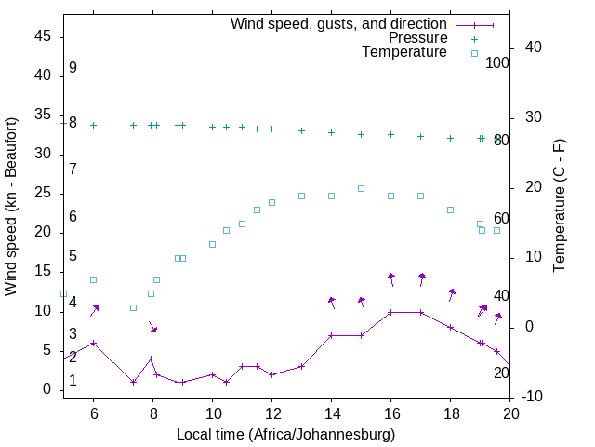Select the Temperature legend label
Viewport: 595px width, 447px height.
[404, 52]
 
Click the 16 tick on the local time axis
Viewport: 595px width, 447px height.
[390, 415]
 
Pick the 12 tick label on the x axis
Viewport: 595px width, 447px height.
[271, 415]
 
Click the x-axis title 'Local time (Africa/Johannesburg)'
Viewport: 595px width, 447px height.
[286, 434]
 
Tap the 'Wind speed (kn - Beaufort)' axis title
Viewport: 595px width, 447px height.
[11, 207]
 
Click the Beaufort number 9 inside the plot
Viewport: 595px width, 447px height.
[73, 68]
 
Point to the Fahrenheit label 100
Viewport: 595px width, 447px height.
[498, 63]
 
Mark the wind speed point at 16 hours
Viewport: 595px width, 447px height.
[390, 312]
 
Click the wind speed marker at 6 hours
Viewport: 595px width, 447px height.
[93, 343]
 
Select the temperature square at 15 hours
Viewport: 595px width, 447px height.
[361, 188]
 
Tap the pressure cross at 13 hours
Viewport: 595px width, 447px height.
[301, 130]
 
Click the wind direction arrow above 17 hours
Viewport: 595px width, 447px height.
[421, 279]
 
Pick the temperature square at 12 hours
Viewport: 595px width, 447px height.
[271, 202]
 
